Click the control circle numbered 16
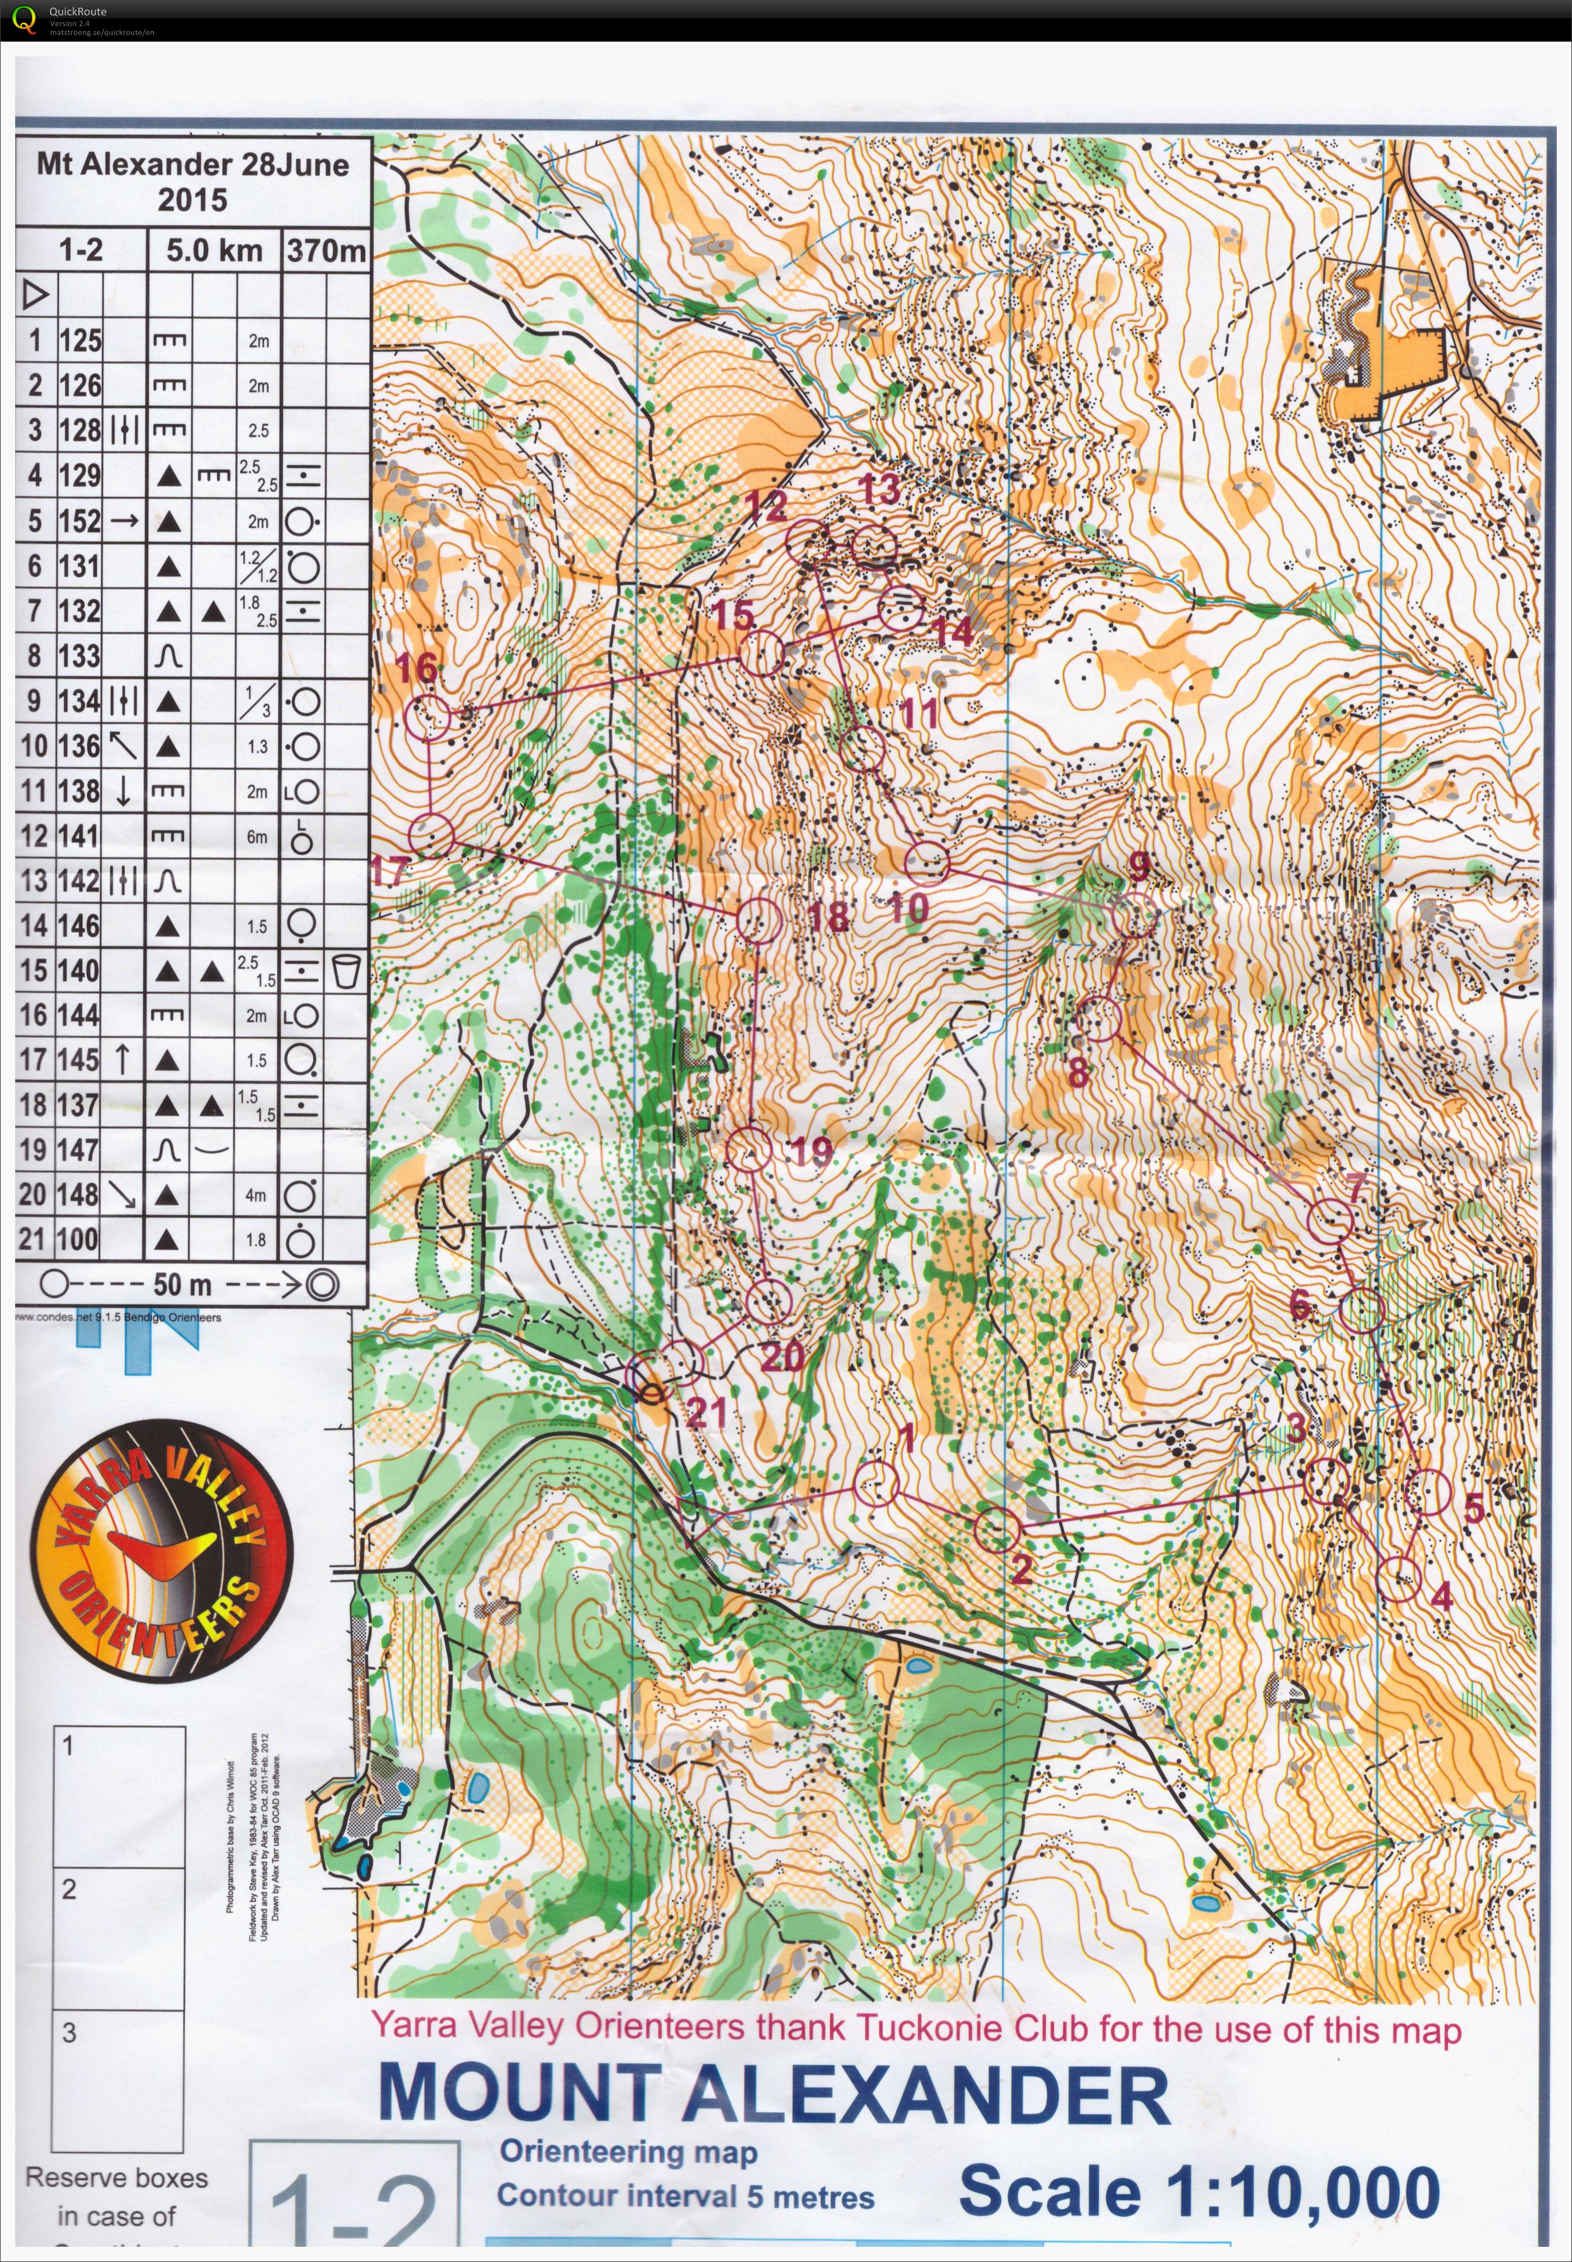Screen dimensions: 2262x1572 pyautogui.click(x=427, y=717)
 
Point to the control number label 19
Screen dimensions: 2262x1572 pyautogui.click(x=810, y=1150)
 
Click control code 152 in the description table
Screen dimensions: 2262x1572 pyautogui.click(x=80, y=520)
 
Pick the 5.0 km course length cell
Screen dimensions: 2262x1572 pyautogui.click(x=214, y=250)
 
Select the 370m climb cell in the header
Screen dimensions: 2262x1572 pyautogui.click(x=325, y=250)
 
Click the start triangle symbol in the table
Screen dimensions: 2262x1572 pyautogui.click(x=35, y=294)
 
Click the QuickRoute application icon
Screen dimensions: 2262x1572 pyautogui.click(x=23, y=18)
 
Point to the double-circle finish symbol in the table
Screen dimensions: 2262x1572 pyautogui.click(x=322, y=1284)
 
